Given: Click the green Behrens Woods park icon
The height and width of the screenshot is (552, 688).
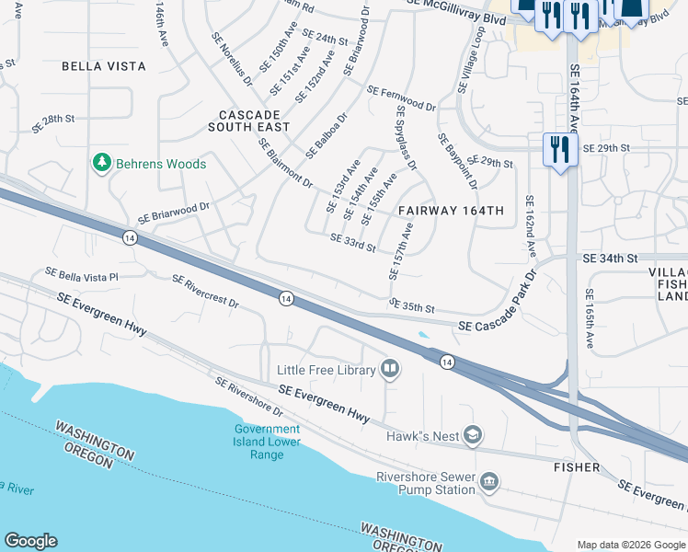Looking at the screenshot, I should tap(102, 164).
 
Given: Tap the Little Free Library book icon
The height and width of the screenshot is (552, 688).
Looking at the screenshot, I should tap(390, 370).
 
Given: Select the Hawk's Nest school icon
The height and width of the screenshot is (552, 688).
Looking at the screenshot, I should tap(473, 435).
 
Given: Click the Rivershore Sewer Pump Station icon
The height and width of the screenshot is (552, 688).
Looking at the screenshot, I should tap(489, 483).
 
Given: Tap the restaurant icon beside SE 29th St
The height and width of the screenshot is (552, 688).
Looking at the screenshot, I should tap(559, 148).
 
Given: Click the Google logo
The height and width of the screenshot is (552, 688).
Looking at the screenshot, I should tap(30, 541).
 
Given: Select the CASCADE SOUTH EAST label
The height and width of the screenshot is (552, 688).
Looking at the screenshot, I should tap(248, 121).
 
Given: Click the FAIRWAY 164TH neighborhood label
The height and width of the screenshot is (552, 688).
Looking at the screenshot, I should tap(452, 211).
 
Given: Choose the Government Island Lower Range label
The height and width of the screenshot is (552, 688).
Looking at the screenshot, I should tap(267, 442).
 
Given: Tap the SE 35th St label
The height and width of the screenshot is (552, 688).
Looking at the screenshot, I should tap(411, 305).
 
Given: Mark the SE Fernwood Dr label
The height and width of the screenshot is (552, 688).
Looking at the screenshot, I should tap(401, 99).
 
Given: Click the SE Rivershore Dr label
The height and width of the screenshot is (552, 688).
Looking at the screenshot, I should tap(249, 397).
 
